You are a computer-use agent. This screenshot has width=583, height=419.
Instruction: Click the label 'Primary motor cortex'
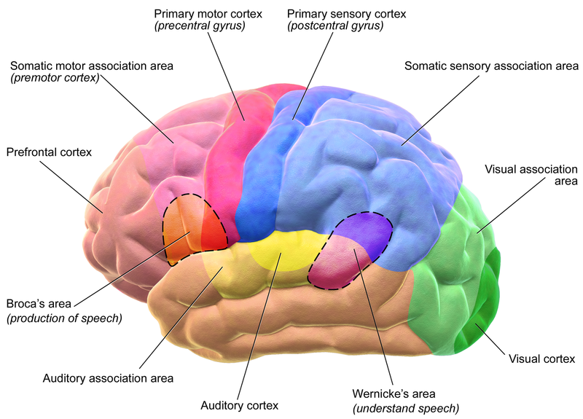(208, 14)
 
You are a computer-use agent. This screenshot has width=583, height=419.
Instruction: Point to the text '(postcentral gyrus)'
(334, 27)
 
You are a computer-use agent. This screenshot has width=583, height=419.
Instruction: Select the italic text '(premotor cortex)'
(55, 78)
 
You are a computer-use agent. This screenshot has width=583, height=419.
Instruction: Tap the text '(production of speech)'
(63, 318)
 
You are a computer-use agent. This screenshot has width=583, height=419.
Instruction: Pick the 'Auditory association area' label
(108, 378)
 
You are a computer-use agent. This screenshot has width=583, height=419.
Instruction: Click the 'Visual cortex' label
(541, 359)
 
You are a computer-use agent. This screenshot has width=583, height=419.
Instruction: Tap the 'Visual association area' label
(531, 175)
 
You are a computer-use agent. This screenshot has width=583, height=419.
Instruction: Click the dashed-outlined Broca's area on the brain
(193, 230)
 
